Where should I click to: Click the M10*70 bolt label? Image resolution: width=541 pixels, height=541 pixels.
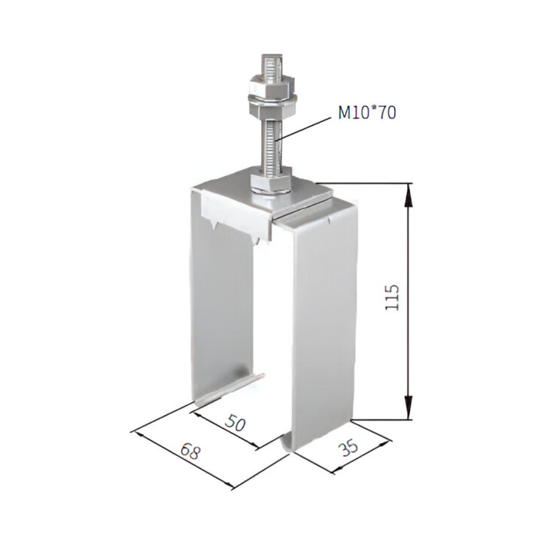[x=367, y=112]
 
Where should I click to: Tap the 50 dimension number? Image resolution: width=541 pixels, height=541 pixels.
[x=236, y=423]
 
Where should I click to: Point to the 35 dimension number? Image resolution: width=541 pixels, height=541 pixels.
[x=348, y=448]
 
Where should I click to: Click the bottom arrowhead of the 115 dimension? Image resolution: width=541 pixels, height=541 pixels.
[x=409, y=408]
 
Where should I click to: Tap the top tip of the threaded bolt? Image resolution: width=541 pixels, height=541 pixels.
[x=272, y=55]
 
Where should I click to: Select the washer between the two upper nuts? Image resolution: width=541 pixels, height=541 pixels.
[x=272, y=99]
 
